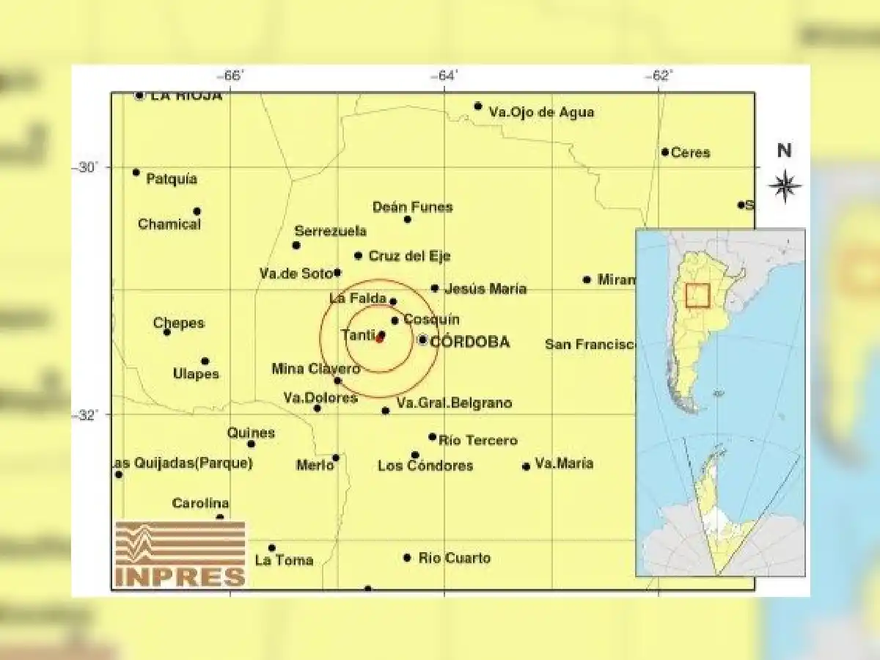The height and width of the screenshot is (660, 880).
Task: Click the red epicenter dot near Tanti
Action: click(x=379, y=339)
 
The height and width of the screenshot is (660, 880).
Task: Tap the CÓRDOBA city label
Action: click(x=469, y=342)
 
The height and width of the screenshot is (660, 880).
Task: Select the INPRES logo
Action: click(x=180, y=555)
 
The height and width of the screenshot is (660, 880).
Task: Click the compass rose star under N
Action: click(x=784, y=185)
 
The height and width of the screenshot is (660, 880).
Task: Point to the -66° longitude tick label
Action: click(x=232, y=76)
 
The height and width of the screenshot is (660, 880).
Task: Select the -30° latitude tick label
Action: click(x=85, y=167)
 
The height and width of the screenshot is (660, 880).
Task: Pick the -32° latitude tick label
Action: click(x=85, y=414)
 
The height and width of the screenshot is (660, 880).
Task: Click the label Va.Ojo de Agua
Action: click(x=541, y=112)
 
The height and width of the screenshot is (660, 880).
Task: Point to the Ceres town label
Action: click(x=690, y=153)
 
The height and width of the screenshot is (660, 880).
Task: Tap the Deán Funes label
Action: click(x=412, y=207)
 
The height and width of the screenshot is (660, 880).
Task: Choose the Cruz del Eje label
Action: click(x=409, y=256)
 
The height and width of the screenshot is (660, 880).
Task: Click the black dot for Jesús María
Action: click(x=435, y=288)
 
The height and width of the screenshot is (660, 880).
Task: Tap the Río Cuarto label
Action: click(x=454, y=558)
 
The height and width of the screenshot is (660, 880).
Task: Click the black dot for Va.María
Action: click(x=526, y=466)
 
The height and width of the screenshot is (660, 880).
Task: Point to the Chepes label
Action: click(x=179, y=323)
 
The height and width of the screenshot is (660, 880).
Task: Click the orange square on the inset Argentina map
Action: click(x=697, y=295)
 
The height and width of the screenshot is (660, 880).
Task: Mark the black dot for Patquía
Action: click(x=136, y=172)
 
